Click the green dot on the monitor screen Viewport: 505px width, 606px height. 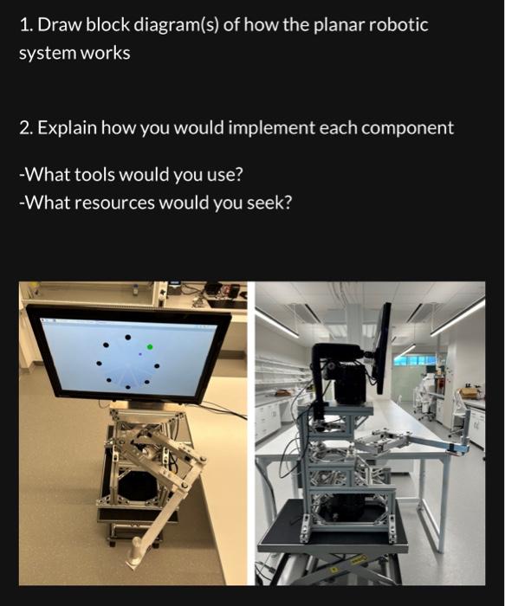coord(150,346)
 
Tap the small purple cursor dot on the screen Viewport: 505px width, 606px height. coord(139,354)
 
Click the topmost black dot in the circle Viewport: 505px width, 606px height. coord(128,337)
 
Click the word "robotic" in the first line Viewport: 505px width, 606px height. coord(399,24)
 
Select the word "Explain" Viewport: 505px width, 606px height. coord(66,128)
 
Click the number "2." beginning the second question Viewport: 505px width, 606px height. coord(25,128)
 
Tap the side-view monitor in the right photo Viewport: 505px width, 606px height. coord(382,346)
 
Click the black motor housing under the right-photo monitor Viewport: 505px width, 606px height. coord(350,381)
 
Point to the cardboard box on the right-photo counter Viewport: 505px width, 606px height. coord(469,392)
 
